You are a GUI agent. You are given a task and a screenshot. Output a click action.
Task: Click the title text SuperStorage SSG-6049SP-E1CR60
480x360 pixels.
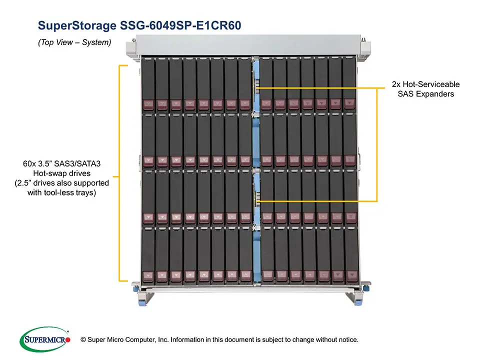(140, 25)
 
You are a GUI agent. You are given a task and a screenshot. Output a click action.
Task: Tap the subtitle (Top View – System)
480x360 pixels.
(74, 42)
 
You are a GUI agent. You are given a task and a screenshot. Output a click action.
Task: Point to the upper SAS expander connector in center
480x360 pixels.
(256, 88)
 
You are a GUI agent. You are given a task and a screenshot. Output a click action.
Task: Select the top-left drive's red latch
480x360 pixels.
(148, 104)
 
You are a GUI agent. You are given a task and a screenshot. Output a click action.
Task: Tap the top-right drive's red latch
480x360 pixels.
(349, 103)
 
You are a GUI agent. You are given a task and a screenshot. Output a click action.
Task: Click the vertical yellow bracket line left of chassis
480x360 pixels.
(119, 172)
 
